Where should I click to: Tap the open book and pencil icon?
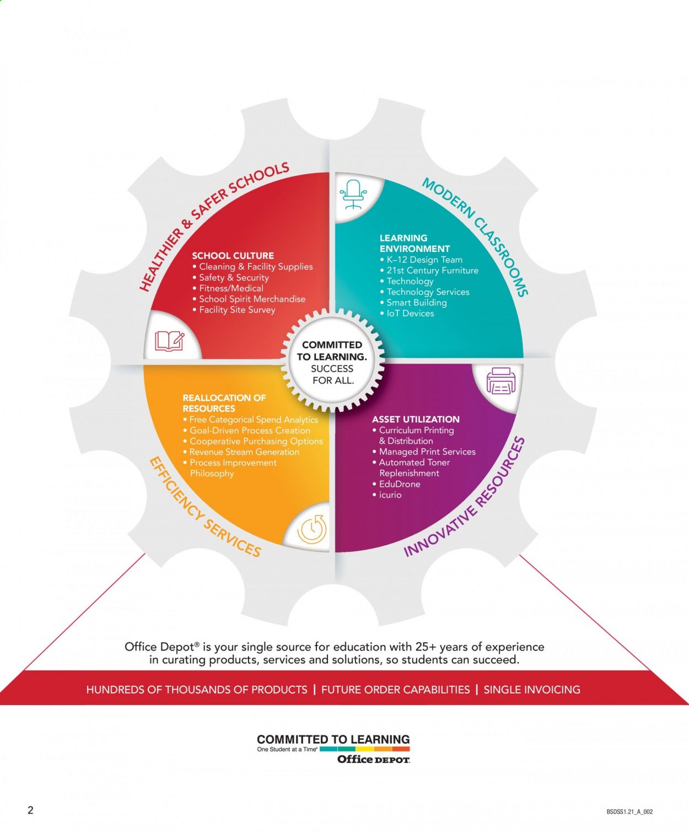[x=169, y=341]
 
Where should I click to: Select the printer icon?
[x=500, y=381]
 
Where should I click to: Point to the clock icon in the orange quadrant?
[x=312, y=529]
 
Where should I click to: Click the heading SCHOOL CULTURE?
[x=233, y=256]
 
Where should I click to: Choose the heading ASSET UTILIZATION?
[x=416, y=420]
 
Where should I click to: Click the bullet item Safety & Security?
[x=234, y=278]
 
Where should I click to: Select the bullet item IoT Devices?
[x=410, y=313]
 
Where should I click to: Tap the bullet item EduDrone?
[x=400, y=484]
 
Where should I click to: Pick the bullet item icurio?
[x=390, y=495]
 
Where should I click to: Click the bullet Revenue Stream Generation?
[x=244, y=452]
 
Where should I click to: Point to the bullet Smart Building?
[x=417, y=303]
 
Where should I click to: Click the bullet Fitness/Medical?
[x=231, y=288]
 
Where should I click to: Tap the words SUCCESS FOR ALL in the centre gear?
[x=332, y=374]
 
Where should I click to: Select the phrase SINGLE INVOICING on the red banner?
[x=532, y=690]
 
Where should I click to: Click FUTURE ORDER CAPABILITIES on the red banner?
[x=395, y=690]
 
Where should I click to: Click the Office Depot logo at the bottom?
[x=374, y=759]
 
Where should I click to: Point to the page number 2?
[x=30, y=810]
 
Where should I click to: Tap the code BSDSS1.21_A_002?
[x=629, y=811]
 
